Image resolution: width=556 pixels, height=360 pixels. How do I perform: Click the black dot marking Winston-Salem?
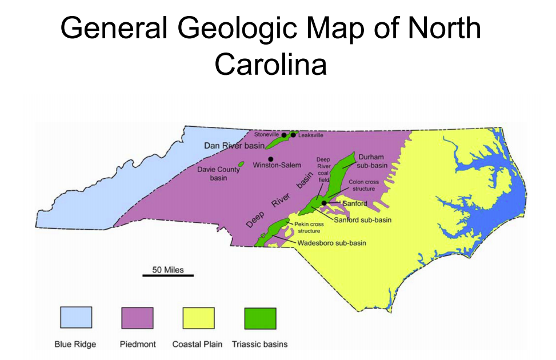[270, 158]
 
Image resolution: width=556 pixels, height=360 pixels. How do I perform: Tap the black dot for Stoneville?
[284, 135]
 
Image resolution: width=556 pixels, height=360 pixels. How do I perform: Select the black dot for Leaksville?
[293, 135]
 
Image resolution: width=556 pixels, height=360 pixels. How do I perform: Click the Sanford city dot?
[324, 203]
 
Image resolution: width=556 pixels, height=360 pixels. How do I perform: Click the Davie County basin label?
[219, 174]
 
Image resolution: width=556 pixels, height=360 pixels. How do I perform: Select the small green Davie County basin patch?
[241, 165]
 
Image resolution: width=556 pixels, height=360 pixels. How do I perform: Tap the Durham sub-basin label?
[371, 161]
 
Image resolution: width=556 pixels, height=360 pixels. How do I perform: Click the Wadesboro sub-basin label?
[331, 243]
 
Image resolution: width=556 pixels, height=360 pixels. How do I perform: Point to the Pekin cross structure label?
[309, 227]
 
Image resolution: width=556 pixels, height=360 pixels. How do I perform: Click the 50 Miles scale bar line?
[168, 275]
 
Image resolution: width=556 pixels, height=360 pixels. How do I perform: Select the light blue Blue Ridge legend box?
[76, 318]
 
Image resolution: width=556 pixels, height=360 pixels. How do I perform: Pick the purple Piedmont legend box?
[138, 318]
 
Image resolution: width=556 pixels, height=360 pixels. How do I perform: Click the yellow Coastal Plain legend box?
[198, 318]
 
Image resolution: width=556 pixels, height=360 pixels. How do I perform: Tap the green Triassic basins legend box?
[260, 318]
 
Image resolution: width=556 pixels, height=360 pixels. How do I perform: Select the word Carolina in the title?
[270, 65]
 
